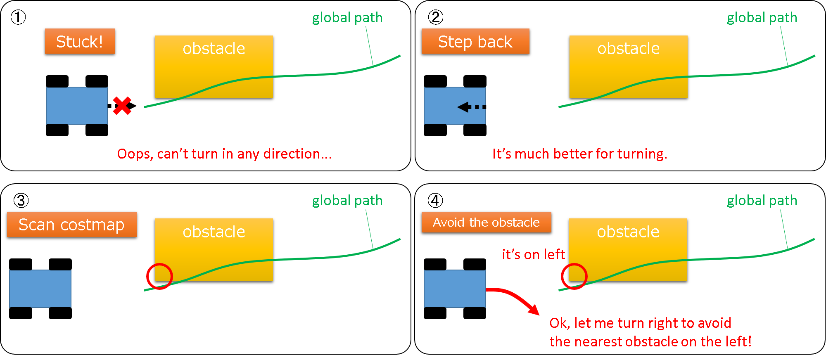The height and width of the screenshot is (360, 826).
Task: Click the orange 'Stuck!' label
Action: point(80,41)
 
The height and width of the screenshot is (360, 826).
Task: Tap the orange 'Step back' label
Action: point(475,41)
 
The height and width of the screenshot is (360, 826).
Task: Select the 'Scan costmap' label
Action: point(71,225)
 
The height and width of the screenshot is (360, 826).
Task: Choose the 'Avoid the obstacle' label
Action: point(486,223)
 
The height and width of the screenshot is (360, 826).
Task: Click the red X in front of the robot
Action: point(122,106)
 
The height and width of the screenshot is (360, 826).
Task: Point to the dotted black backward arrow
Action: point(471,107)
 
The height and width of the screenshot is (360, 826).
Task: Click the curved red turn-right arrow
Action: point(514,298)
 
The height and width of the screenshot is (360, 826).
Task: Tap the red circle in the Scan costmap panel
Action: point(159,276)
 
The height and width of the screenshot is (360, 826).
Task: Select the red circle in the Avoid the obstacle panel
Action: point(574,276)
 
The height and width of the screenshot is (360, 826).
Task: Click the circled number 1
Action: point(18,17)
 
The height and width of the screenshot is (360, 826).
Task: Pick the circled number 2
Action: point(436,17)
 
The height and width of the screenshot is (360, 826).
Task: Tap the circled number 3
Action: point(21,201)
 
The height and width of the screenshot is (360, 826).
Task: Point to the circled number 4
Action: point(435,201)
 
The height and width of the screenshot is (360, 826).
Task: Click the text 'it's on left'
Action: point(533,254)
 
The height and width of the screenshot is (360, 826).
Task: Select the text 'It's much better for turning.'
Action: point(579,154)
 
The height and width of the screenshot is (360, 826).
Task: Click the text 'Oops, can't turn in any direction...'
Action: point(224,154)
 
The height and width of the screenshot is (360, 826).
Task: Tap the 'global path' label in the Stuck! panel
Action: point(347,18)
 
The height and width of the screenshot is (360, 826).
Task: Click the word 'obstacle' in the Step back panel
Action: point(628,49)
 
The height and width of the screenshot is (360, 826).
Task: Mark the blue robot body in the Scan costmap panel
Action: point(40,289)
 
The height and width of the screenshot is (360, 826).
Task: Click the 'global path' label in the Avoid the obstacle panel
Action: point(762,201)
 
